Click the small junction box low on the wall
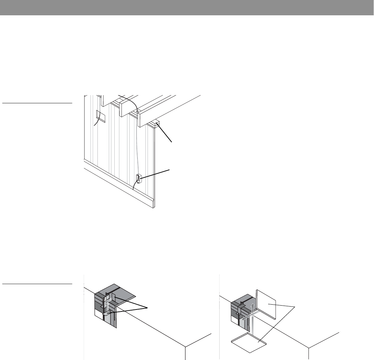(138, 179)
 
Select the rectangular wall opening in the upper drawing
(100, 116)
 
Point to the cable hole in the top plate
(137, 111)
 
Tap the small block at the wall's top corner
(156, 124)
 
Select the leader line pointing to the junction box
(155, 174)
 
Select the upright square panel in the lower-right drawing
(266, 304)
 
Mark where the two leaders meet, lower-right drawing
(296, 307)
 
